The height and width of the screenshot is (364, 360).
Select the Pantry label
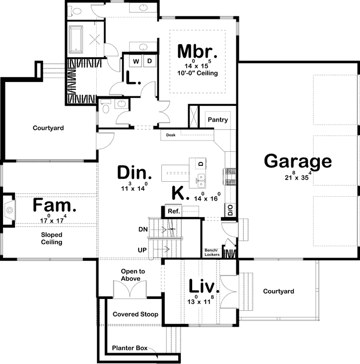point(218,120)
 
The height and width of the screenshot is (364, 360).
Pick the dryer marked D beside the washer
point(149,61)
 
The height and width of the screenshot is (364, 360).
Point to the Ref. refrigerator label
point(174,211)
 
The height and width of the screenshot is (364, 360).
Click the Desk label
point(171,135)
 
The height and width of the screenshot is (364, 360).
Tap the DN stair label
point(144,229)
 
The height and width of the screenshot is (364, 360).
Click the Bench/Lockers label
point(212,252)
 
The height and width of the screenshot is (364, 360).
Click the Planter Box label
point(130,349)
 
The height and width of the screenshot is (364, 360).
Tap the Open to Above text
point(133,275)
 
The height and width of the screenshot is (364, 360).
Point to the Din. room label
point(135,173)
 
